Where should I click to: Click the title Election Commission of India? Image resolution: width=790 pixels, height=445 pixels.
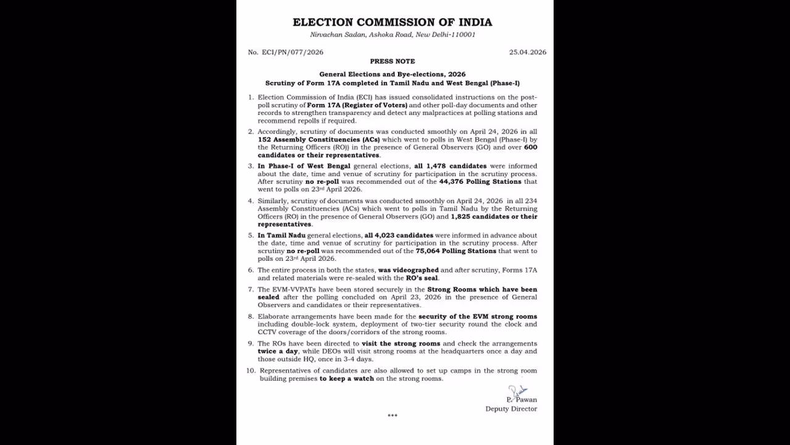click(x=392, y=22)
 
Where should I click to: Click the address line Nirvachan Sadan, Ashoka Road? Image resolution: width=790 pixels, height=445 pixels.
click(x=392, y=35)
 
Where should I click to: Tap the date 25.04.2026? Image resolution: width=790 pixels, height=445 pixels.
click(x=527, y=53)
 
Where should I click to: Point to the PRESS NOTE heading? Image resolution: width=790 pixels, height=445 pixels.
click(x=392, y=62)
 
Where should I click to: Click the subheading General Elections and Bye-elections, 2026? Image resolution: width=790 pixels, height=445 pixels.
click(x=392, y=74)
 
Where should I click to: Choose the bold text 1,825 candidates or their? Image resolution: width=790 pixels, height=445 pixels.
click(x=494, y=216)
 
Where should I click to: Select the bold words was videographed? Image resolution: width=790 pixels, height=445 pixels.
click(x=408, y=270)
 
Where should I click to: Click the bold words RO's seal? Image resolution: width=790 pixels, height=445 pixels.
click(x=422, y=278)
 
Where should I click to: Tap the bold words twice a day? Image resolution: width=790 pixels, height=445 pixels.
click(x=278, y=351)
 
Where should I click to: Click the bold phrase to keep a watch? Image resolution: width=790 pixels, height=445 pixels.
click(x=346, y=378)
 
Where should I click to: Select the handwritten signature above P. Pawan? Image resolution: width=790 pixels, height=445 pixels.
click(x=517, y=392)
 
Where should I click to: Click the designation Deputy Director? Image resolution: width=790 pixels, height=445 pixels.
click(x=511, y=409)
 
